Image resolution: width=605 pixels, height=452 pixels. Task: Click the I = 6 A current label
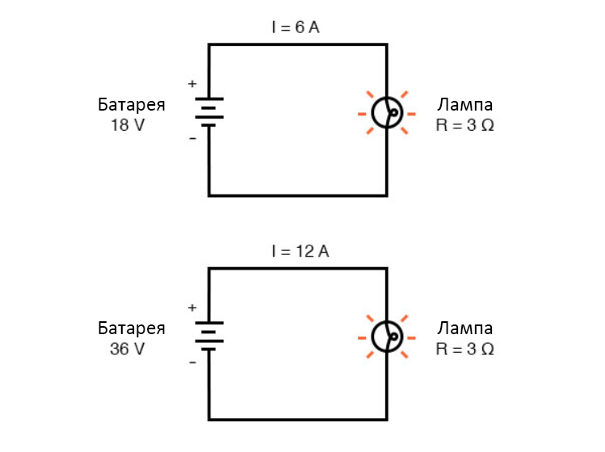[296, 27]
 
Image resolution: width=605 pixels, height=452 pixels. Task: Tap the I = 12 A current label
[300, 251]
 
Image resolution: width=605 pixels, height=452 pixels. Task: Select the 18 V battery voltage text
[128, 125]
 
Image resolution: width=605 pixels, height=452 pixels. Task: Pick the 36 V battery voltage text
[128, 349]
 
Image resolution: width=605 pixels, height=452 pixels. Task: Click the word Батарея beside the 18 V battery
[132, 104]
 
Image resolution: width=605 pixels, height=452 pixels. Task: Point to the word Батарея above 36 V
[132, 329]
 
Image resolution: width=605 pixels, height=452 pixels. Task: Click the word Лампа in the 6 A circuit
[465, 104]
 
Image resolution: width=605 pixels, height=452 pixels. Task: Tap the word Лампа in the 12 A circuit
[465, 329]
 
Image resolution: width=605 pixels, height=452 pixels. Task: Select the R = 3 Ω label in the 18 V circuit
[465, 125]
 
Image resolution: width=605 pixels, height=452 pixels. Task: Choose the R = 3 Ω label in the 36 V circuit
[465, 349]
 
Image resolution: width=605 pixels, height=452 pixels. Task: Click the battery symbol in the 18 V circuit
[209, 112]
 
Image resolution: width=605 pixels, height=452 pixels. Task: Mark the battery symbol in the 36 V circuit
[209, 336]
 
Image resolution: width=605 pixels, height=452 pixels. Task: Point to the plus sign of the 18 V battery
[192, 84]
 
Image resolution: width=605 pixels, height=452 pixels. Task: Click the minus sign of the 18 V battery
[192, 138]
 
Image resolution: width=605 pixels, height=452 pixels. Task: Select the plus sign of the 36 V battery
[192, 308]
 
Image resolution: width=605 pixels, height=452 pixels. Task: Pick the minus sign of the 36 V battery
[192, 362]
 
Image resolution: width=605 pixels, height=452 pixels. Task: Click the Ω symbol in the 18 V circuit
[488, 125]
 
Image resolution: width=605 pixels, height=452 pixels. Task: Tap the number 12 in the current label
[305, 251]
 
